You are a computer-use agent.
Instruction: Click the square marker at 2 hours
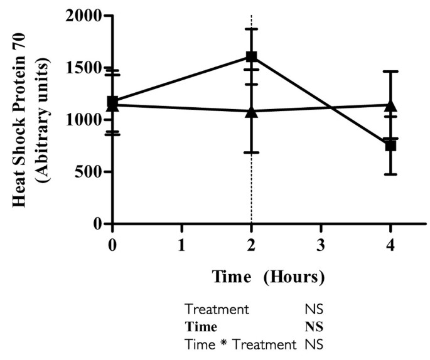(252, 56)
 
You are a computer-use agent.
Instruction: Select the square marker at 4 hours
(390, 146)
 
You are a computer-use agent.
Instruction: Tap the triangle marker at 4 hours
(390, 105)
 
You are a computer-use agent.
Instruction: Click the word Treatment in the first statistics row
(217, 309)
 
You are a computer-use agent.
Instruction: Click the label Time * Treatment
(240, 344)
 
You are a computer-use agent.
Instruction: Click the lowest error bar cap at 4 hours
(390, 174)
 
